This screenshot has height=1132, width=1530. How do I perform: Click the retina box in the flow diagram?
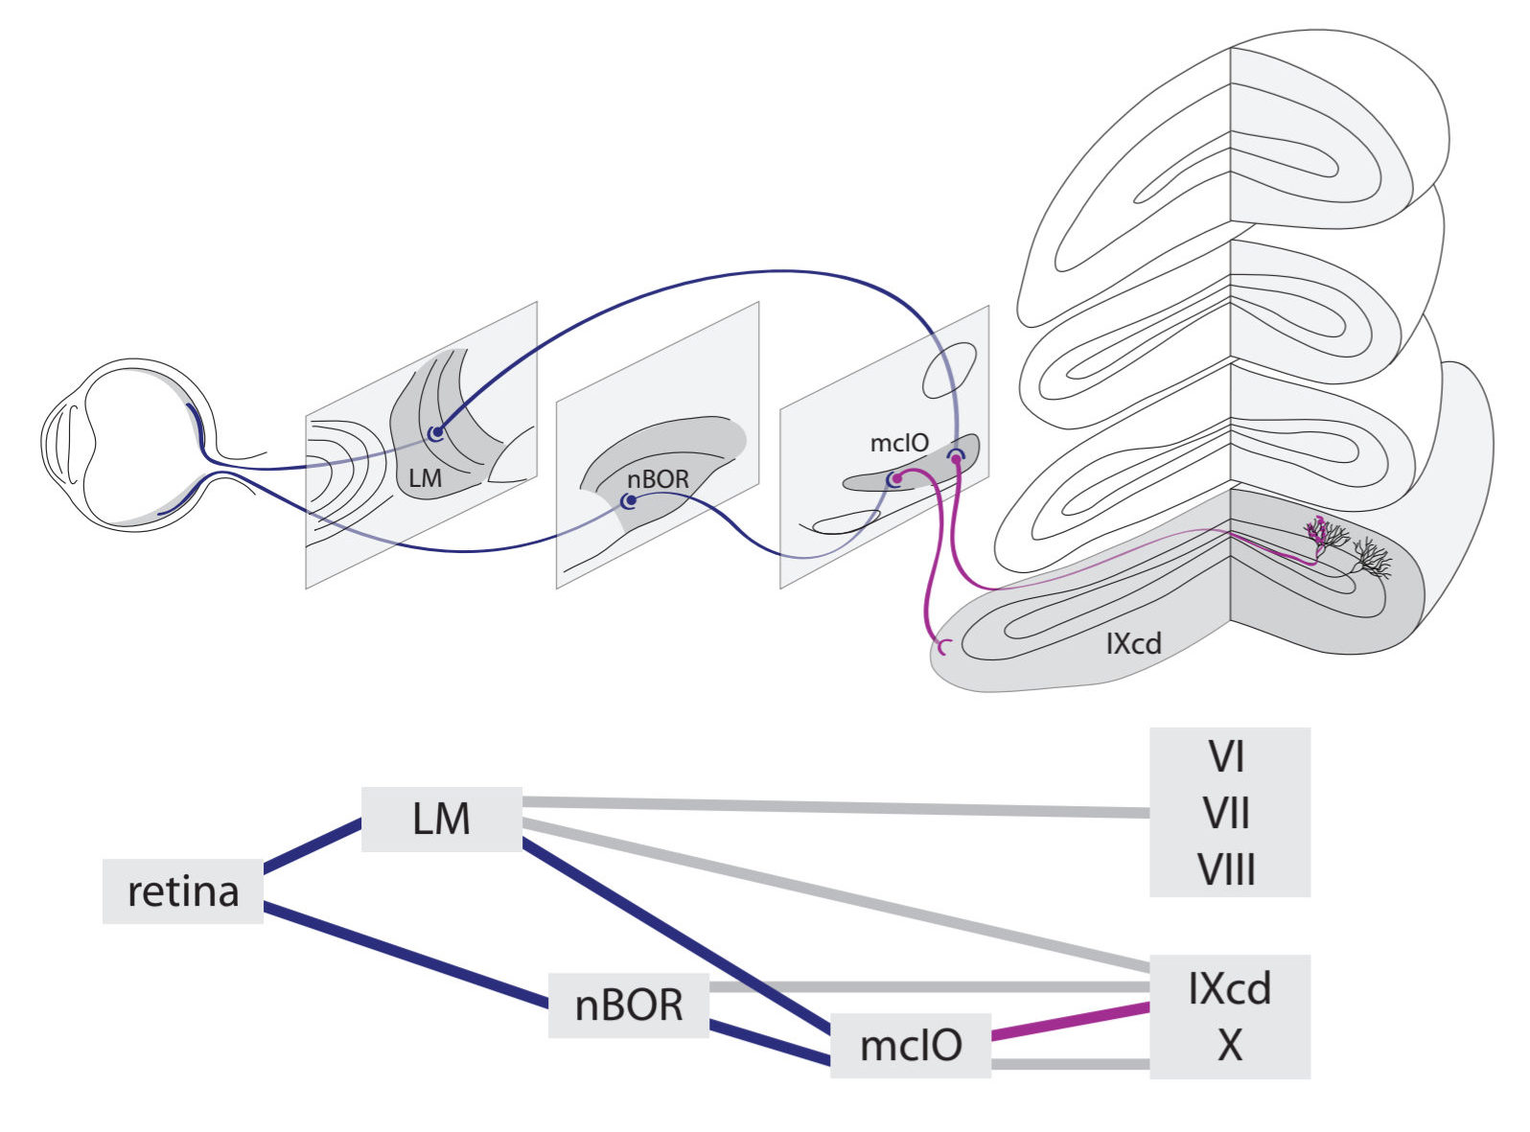(182, 891)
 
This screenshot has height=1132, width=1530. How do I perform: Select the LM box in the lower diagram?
(441, 819)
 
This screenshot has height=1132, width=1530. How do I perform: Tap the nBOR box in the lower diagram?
(628, 1005)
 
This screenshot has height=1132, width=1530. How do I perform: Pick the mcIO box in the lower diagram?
(910, 1045)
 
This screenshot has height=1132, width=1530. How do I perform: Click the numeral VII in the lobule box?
(1227, 814)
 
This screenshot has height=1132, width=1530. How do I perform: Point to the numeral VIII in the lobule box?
(1227, 870)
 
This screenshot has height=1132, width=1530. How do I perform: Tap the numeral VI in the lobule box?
(1227, 757)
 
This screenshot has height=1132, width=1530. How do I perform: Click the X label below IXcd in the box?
(1229, 1046)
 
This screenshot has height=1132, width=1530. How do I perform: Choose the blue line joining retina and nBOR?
(403, 954)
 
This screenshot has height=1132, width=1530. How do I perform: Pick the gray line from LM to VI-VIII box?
(834, 806)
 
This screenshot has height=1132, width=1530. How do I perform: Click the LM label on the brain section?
(425, 477)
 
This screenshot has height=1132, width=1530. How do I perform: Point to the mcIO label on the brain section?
(898, 443)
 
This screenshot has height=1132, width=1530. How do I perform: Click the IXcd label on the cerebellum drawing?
(1133, 643)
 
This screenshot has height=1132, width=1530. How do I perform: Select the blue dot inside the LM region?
(437, 433)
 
